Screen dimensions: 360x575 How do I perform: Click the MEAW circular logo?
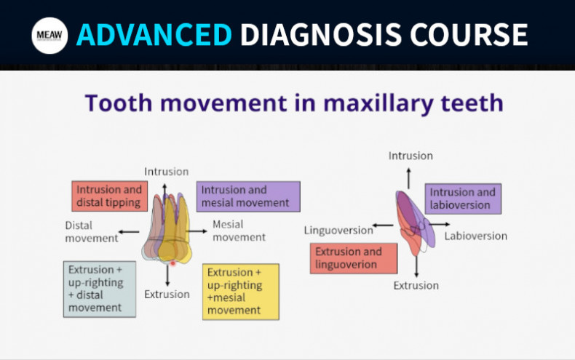pos(49,35)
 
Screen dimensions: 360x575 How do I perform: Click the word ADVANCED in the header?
pos(155,34)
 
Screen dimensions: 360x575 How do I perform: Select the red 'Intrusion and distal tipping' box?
pos(109,196)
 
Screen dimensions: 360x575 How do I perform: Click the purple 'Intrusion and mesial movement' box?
pos(247,196)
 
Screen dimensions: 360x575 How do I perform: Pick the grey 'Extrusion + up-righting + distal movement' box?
pos(99,289)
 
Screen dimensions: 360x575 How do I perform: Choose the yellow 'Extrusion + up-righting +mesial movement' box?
pos(241,291)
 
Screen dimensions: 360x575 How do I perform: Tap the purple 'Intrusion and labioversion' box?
pos(462,198)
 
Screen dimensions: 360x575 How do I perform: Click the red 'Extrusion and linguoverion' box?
pos(354,258)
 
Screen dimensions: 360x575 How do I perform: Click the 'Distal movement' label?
pos(92,231)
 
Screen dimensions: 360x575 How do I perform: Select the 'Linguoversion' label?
pos(338,231)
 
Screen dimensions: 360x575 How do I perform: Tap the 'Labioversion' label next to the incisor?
pos(475,236)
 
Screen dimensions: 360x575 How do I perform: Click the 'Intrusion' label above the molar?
pos(166,172)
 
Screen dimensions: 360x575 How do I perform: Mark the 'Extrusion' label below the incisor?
pos(416,285)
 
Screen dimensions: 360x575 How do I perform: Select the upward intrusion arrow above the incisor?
pos(409,176)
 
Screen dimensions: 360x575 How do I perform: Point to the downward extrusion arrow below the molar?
pos(167,275)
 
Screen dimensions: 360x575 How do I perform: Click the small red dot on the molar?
pos(173,264)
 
